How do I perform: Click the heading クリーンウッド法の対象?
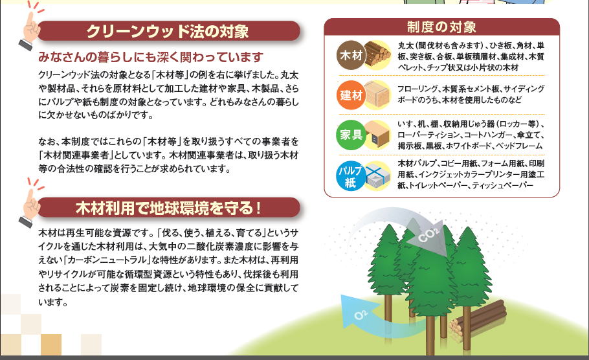(168, 31)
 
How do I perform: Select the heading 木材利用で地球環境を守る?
(168, 208)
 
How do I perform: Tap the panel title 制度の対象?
(441, 27)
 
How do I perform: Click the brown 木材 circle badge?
(351, 55)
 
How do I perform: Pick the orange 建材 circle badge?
(351, 95)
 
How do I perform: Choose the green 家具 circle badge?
(351, 135)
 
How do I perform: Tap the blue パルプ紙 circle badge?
(350, 176)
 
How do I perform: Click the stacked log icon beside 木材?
(377, 54)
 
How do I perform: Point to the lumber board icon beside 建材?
(377, 94)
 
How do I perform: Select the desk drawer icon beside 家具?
(377, 134)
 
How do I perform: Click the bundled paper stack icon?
(378, 175)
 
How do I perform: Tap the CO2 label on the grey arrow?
(428, 236)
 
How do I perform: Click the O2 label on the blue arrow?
(361, 314)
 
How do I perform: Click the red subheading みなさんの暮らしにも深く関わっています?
(151, 57)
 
